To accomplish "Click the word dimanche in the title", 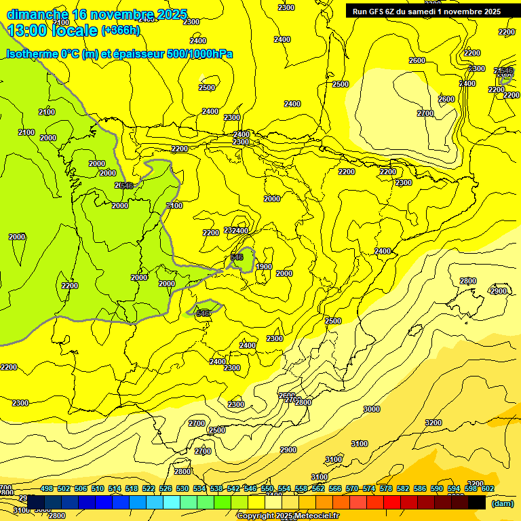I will tap(37, 14).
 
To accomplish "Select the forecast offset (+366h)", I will tap(120, 31).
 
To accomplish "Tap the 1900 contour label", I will tap(264, 267).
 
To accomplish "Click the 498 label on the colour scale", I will tap(47, 489).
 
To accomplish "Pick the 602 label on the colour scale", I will tap(487, 489).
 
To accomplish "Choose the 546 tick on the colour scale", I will tap(250, 489).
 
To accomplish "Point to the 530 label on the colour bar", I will tap(182, 489).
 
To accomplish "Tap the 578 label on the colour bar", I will tap(385, 489).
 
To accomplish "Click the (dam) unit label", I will tap(503, 503).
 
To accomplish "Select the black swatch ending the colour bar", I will tap(477, 502).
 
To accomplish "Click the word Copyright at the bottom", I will tap(256, 516).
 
